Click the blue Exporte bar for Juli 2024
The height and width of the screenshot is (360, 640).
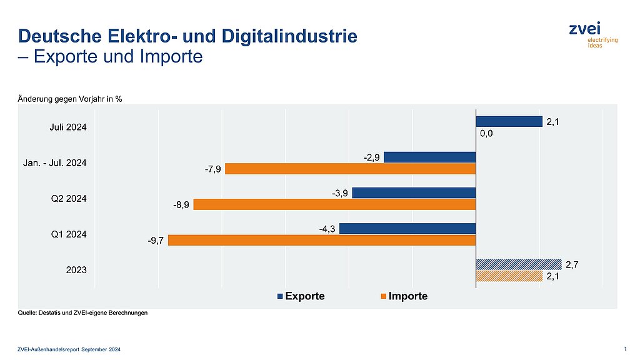click(509, 122)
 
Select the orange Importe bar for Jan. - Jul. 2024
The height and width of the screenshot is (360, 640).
click(350, 169)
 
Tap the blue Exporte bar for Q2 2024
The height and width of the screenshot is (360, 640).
click(414, 192)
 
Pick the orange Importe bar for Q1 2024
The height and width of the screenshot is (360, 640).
click(322, 240)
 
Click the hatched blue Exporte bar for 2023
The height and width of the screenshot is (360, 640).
click(519, 264)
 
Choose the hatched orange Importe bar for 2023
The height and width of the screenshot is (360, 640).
click(509, 276)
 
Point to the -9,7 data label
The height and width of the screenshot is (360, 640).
click(156, 241)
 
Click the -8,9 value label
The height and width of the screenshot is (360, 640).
click(182, 204)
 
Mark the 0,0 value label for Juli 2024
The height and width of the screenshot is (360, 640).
click(486, 133)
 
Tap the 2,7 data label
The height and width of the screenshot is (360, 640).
click(571, 264)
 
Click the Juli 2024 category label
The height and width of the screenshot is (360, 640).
click(68, 128)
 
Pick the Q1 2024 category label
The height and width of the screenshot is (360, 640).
click(69, 234)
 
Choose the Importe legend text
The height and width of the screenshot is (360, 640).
click(407, 296)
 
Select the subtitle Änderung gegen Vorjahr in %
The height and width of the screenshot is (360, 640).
click(69, 99)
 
